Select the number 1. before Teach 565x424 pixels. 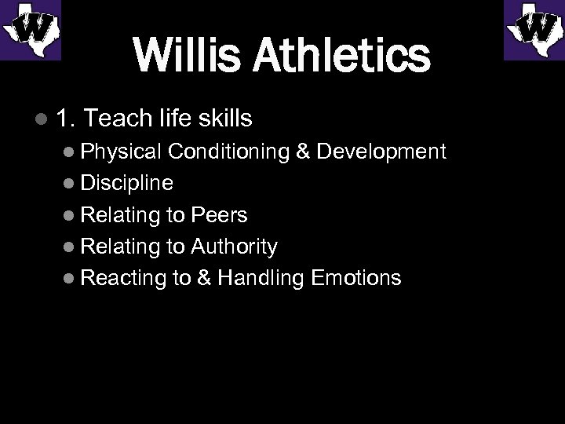point(66,119)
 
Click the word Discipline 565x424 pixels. point(126,183)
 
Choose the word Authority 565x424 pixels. point(233,247)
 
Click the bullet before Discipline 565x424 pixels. point(69,184)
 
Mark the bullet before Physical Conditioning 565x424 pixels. point(69,152)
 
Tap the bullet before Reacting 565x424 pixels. point(69,278)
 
